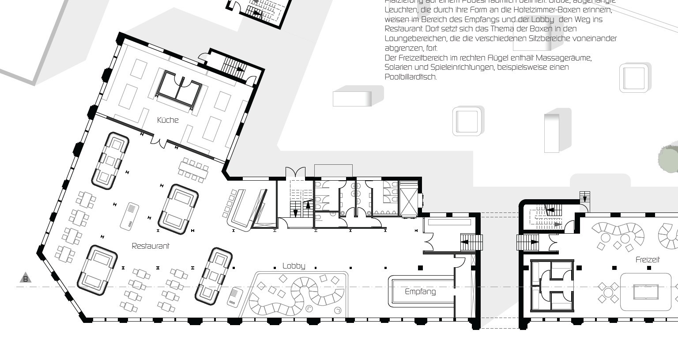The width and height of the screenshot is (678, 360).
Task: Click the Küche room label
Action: pos(168,120)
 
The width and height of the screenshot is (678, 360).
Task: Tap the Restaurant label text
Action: pos(151,246)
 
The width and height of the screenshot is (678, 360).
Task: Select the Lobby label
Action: pos(294,265)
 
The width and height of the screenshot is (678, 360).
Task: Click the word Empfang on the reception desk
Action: pos(420,292)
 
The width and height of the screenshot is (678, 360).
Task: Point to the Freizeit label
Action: pos(648,260)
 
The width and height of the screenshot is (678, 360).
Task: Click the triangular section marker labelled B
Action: pos(26,278)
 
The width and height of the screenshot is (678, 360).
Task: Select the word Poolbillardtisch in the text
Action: pos(411,77)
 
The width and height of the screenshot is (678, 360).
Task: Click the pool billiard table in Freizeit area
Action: pos(646,292)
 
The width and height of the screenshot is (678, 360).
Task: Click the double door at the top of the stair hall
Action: pos(295,173)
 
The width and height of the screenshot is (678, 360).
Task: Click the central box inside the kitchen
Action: pos(178,90)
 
